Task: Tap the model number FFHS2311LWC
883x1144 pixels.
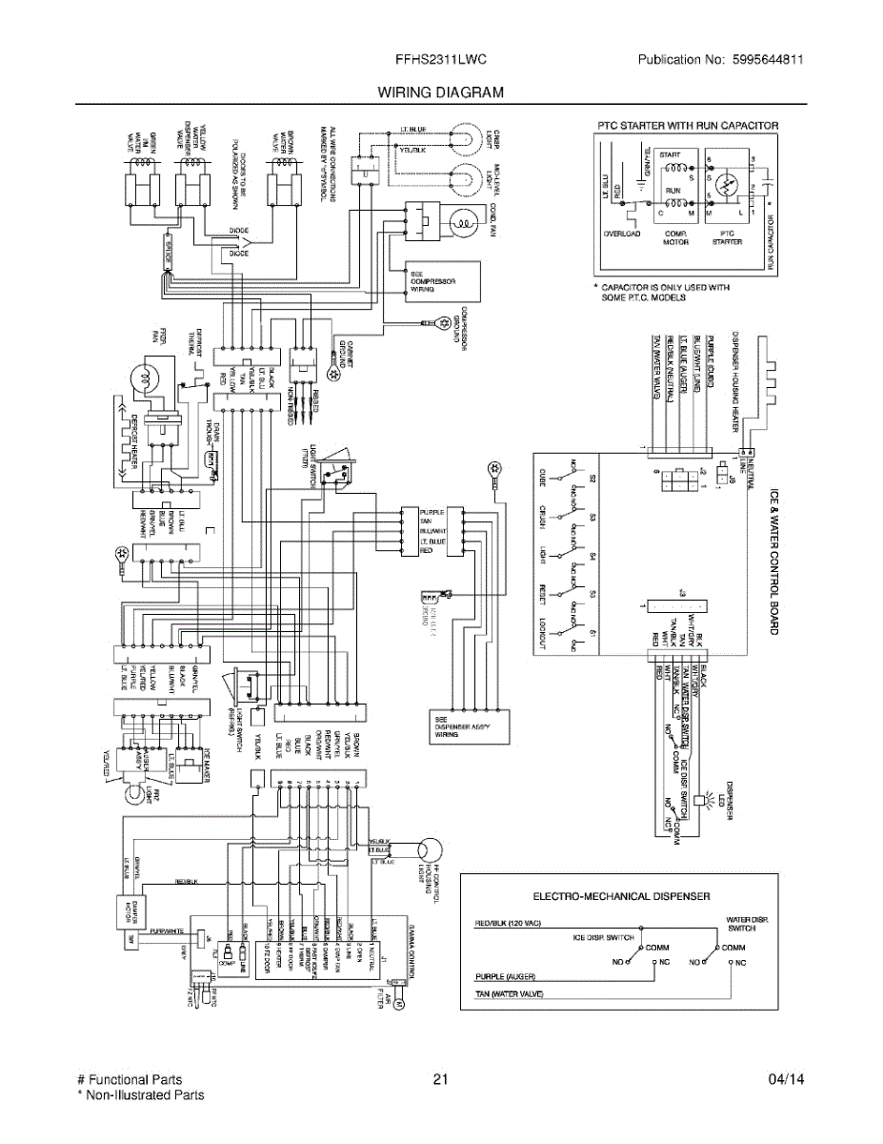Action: click(x=441, y=59)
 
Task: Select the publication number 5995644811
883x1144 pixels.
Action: click(x=766, y=59)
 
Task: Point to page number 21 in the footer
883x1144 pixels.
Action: click(x=439, y=1079)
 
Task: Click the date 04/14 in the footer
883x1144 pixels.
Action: click(x=786, y=1079)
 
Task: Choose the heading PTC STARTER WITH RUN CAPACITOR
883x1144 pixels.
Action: click(x=687, y=125)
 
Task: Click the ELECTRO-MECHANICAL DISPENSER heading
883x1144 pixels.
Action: click(x=620, y=896)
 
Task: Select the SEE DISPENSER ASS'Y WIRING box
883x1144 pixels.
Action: click(x=464, y=726)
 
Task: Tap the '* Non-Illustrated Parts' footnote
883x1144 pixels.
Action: click(x=140, y=1095)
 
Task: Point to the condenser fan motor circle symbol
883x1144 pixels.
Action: click(x=464, y=224)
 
